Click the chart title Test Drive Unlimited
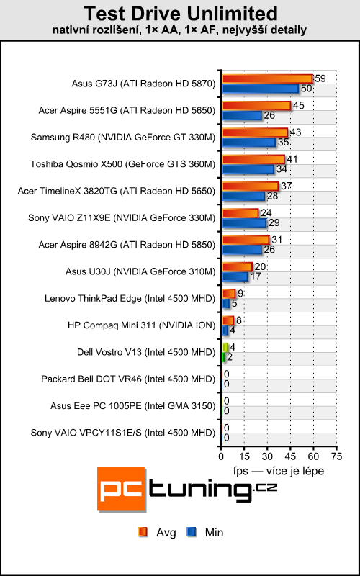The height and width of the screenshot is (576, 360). (x=179, y=13)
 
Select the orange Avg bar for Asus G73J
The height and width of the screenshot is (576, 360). (x=267, y=78)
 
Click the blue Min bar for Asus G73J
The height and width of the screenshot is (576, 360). (x=260, y=89)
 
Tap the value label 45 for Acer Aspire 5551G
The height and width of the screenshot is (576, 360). (x=299, y=106)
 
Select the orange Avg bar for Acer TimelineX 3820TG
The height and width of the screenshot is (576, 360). (x=250, y=186)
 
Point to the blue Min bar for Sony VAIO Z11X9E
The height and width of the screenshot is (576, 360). (x=244, y=222)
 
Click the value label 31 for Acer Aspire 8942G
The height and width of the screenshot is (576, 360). (x=277, y=240)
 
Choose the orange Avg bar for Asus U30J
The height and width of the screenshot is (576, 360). (x=237, y=266)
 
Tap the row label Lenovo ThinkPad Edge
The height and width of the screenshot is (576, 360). (x=130, y=297)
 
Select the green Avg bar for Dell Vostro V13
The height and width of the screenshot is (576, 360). (x=225, y=347)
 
